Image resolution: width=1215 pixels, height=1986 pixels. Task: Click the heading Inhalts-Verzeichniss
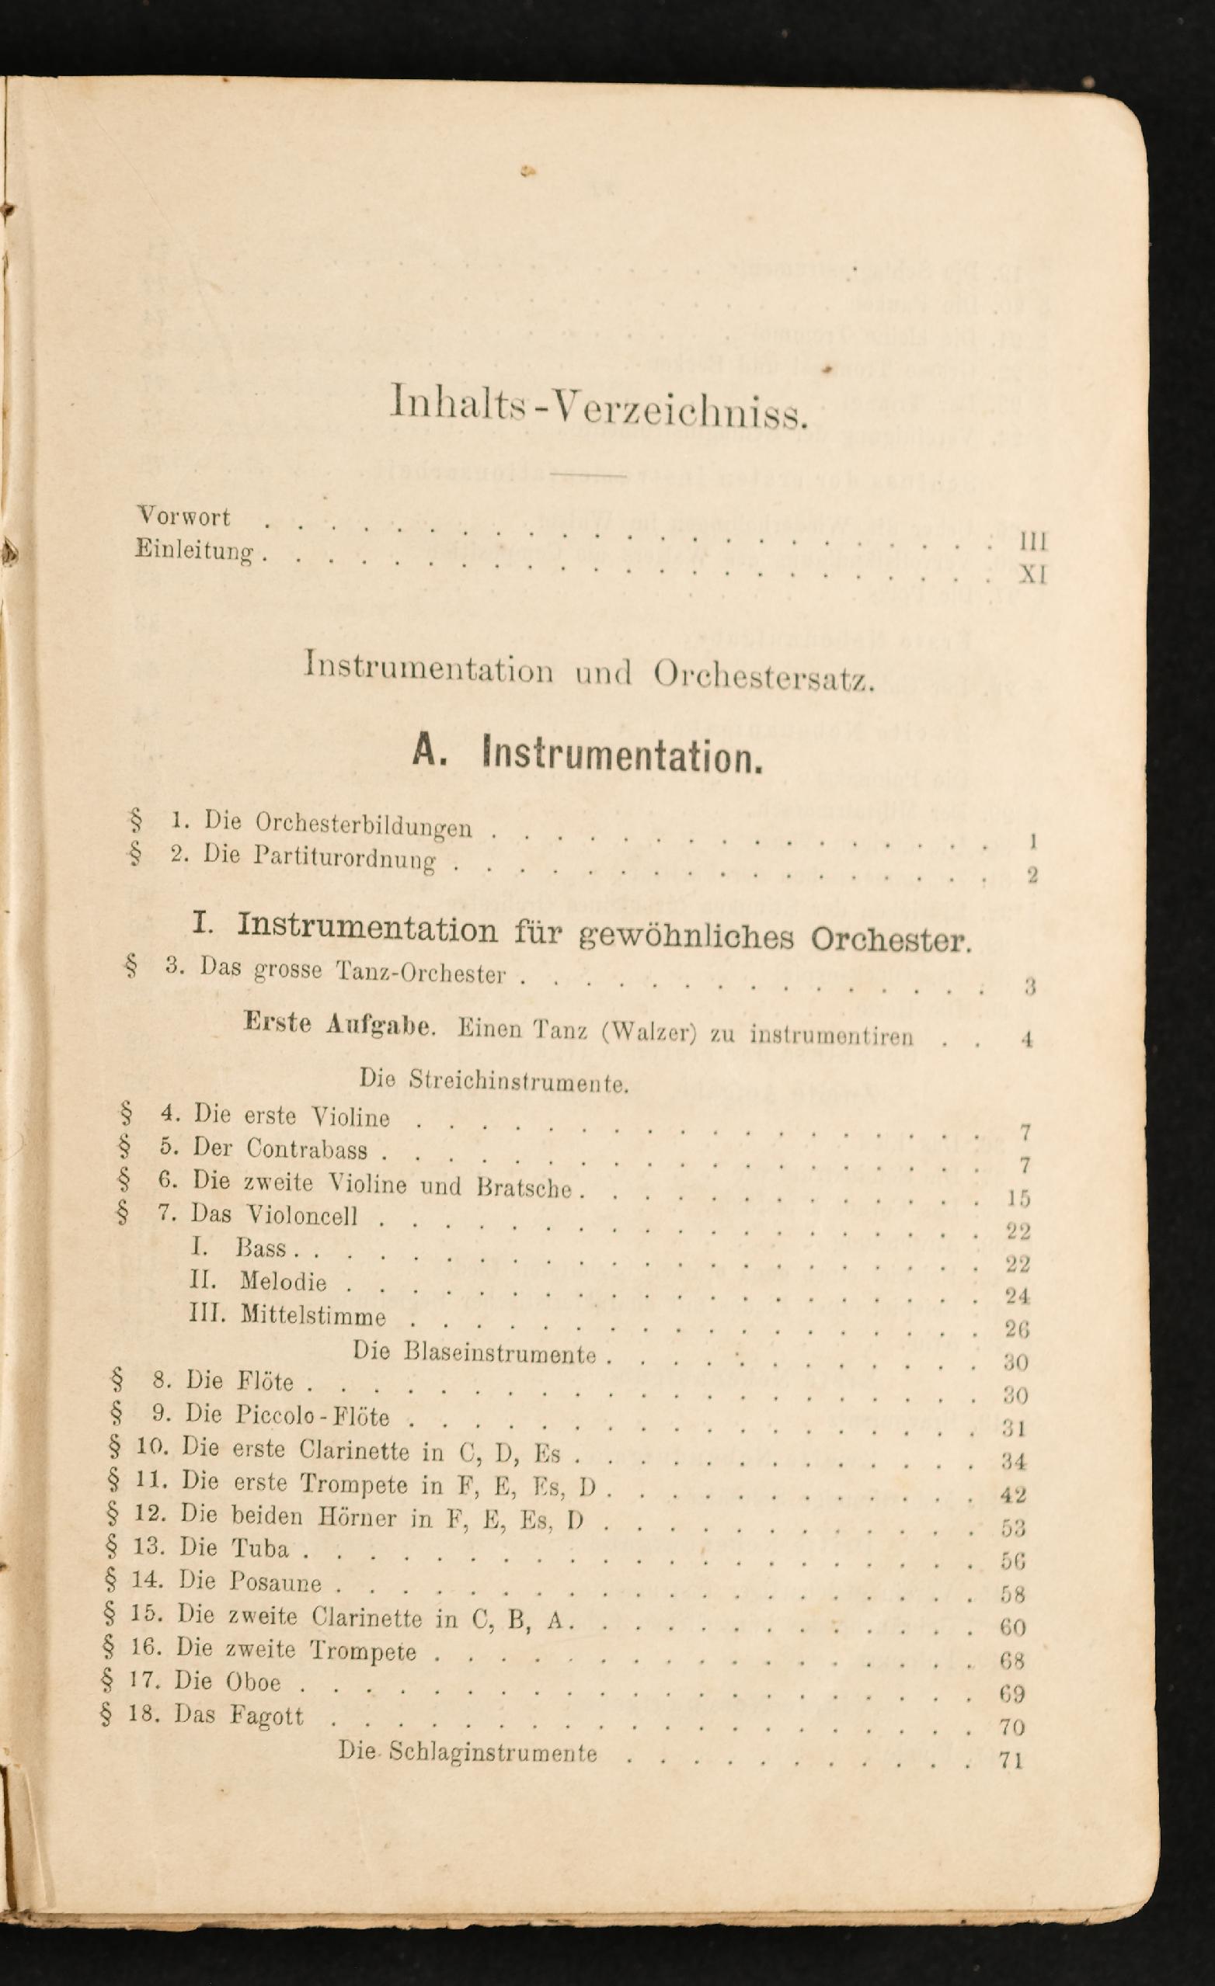point(597,403)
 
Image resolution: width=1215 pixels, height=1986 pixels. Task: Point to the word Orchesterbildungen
point(364,825)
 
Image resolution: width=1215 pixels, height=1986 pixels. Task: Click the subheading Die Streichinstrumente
point(493,1081)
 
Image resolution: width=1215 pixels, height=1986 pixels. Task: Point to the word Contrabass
point(307,1148)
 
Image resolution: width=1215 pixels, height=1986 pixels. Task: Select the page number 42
point(1013,1495)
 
